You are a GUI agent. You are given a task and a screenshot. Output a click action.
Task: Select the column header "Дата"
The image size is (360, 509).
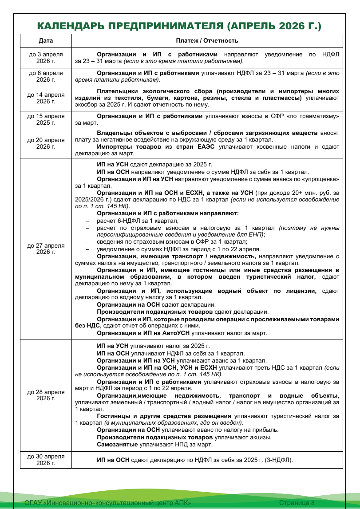pos(46,41)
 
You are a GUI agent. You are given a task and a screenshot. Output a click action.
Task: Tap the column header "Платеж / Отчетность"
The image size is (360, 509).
pos(207,41)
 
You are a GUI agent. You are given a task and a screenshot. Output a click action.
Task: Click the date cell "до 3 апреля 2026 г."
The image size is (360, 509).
pos(46,58)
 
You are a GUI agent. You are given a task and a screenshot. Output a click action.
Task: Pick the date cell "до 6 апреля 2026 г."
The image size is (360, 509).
pos(46,76)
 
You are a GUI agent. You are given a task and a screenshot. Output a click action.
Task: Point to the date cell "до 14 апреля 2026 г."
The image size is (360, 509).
pos(46,98)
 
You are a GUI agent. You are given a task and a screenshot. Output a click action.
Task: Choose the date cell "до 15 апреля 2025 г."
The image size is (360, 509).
pos(46,119)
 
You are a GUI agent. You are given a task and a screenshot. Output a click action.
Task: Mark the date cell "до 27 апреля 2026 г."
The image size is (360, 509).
pos(46,249)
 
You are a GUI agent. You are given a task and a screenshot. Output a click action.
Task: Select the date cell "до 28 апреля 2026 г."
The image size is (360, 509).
pos(46,395)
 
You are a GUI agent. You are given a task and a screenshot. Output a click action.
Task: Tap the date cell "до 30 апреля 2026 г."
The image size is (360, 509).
pos(46,459)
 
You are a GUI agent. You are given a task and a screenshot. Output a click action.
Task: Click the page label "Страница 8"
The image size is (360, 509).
pos(297,502)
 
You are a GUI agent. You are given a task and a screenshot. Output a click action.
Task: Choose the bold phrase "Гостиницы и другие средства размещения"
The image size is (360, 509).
pos(164,416)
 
